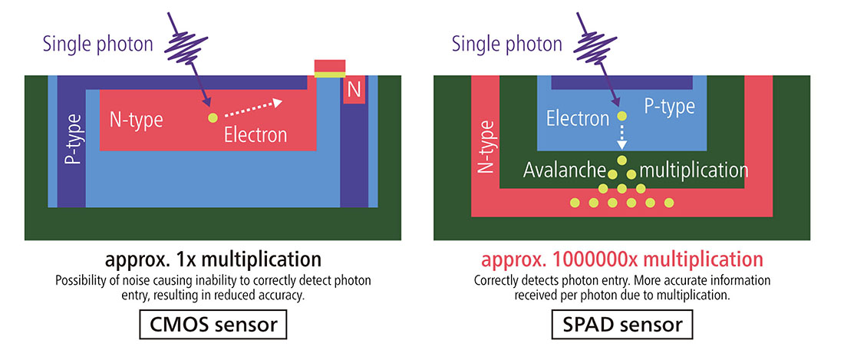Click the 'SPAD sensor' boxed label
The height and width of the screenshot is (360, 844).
tap(622, 325)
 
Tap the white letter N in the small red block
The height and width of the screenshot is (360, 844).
tap(354, 91)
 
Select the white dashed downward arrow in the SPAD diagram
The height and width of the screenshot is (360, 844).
tap(622, 138)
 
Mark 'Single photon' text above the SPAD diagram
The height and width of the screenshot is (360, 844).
tap(506, 44)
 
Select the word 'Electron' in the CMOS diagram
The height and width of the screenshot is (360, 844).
tap(256, 135)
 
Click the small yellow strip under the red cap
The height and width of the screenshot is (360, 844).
tap(330, 75)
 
